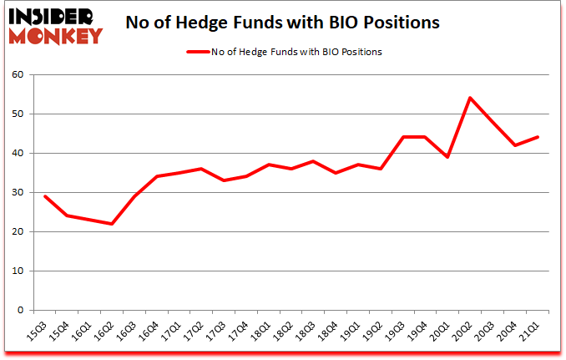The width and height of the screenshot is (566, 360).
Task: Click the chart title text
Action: [282, 23]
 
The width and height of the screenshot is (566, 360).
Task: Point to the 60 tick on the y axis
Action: [19, 74]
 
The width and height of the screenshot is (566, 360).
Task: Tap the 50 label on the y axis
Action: [19, 114]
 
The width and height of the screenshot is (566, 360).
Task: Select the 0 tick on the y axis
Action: [22, 311]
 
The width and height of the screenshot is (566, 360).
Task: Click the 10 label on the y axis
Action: [19, 271]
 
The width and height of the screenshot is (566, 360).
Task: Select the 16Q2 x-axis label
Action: [106, 331]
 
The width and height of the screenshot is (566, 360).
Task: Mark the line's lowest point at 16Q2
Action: [111, 224]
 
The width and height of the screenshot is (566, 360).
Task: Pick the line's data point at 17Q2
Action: [200, 169]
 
